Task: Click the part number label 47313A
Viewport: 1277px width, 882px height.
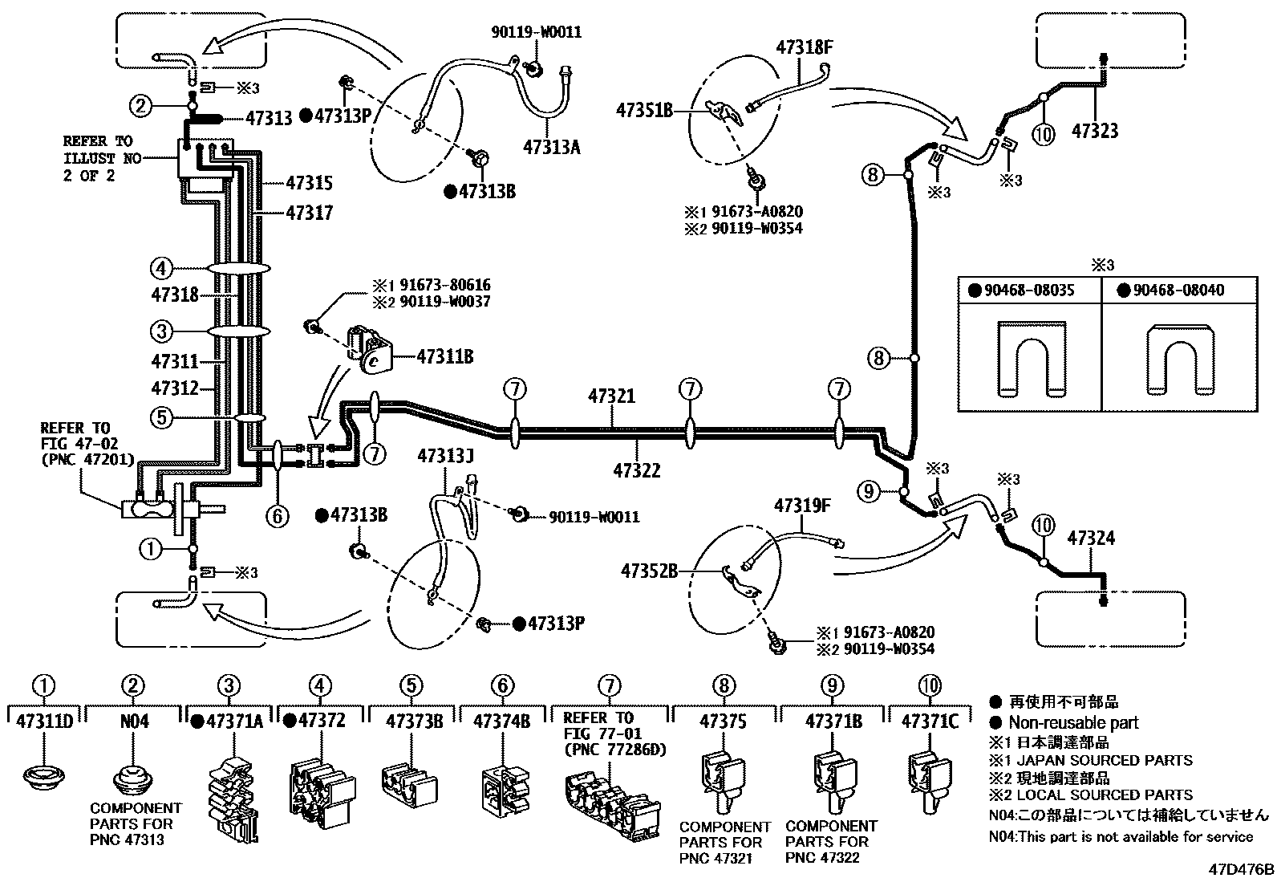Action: tap(551, 147)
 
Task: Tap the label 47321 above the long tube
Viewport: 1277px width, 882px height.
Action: tap(611, 396)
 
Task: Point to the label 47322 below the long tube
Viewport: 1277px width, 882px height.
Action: tap(637, 470)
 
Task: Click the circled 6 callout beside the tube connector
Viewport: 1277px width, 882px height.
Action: tap(277, 515)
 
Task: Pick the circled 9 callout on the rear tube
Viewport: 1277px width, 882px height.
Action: tap(870, 491)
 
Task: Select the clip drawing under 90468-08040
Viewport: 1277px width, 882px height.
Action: tap(1181, 359)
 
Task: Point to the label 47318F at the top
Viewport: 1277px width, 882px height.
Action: tap(804, 47)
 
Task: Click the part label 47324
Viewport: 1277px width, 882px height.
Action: tap(1090, 539)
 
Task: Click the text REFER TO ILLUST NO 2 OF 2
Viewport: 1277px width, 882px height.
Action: tap(98, 158)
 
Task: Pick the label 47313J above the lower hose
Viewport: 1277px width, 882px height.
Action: tap(445, 456)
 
